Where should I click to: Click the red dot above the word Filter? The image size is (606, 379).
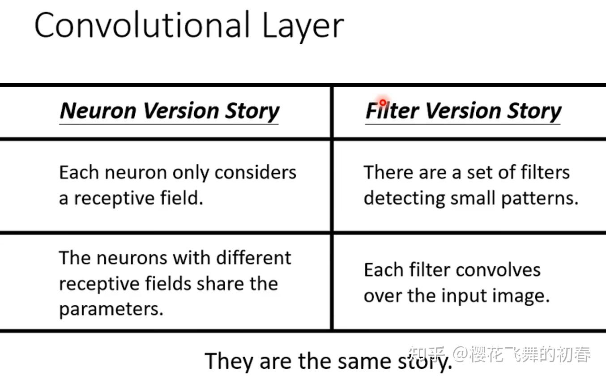[x=383, y=102]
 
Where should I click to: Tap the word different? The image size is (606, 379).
[x=254, y=258]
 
